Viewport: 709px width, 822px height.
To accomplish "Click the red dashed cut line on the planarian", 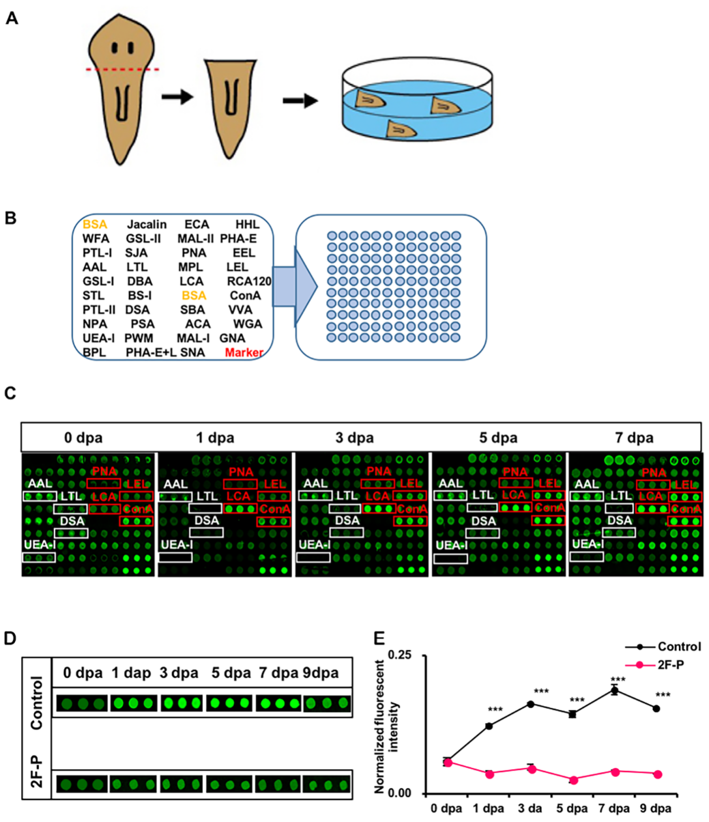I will [123, 69].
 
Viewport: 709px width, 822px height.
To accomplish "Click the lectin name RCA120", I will [249, 281].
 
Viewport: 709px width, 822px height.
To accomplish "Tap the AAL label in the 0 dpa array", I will [36, 483].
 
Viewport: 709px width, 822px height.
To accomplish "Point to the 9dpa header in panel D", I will [321, 673].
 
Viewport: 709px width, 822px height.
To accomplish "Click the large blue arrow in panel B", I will [297, 283].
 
